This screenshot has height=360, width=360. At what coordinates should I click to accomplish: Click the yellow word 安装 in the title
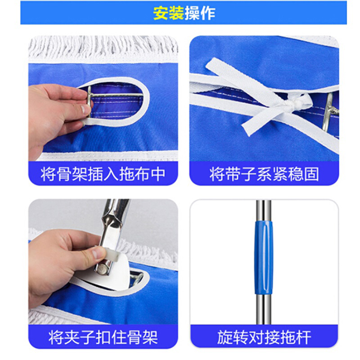168,13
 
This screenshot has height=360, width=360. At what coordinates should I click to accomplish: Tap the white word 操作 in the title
200,13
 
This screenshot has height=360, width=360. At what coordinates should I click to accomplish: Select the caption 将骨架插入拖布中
103,174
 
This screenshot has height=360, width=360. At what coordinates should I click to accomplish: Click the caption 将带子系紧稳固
264,174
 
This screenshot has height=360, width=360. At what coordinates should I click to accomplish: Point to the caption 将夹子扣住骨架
103,337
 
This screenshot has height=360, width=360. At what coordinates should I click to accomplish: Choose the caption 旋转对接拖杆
264,337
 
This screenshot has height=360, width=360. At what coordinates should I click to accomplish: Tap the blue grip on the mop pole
264,257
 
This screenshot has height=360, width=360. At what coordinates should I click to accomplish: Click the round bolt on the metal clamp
103,269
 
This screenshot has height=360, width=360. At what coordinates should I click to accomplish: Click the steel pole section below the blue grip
264,309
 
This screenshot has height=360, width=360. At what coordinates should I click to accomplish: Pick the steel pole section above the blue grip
264,211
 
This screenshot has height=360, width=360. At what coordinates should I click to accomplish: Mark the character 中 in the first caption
158,174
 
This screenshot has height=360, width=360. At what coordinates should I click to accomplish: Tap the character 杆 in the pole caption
304,337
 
